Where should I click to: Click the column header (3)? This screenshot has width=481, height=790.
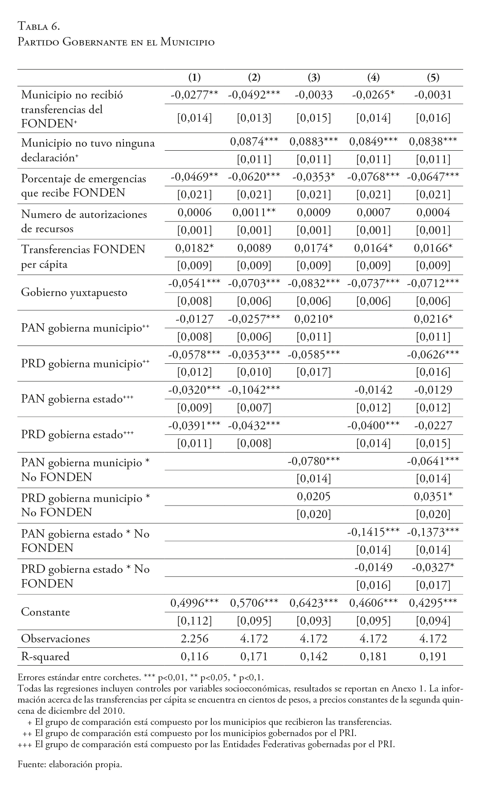(x=314, y=78)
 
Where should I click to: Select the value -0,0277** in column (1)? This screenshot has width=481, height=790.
(x=194, y=95)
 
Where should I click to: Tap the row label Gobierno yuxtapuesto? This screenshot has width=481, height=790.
(x=74, y=292)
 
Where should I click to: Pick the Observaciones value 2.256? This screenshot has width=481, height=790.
(x=194, y=638)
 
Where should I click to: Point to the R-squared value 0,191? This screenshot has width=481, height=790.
(x=433, y=656)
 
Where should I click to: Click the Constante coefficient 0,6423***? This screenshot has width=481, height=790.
(x=314, y=603)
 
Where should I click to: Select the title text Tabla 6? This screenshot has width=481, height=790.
(x=39, y=27)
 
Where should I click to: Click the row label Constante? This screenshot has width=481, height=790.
(x=45, y=612)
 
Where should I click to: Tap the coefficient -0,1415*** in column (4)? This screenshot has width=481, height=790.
(x=373, y=532)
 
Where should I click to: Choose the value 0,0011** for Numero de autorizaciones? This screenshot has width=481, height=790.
(x=254, y=213)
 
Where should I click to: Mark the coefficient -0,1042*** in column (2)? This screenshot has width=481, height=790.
(x=254, y=390)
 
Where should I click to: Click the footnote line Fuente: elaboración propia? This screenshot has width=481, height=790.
(x=70, y=764)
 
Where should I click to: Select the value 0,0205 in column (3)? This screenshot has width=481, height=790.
(x=314, y=496)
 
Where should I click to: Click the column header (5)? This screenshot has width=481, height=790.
(x=433, y=78)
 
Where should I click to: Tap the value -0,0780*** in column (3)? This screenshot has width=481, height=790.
(x=314, y=461)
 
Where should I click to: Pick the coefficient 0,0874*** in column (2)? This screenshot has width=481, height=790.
(x=254, y=142)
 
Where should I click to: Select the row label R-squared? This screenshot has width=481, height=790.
(x=45, y=656)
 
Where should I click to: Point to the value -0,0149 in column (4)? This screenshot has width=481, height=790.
(x=373, y=568)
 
